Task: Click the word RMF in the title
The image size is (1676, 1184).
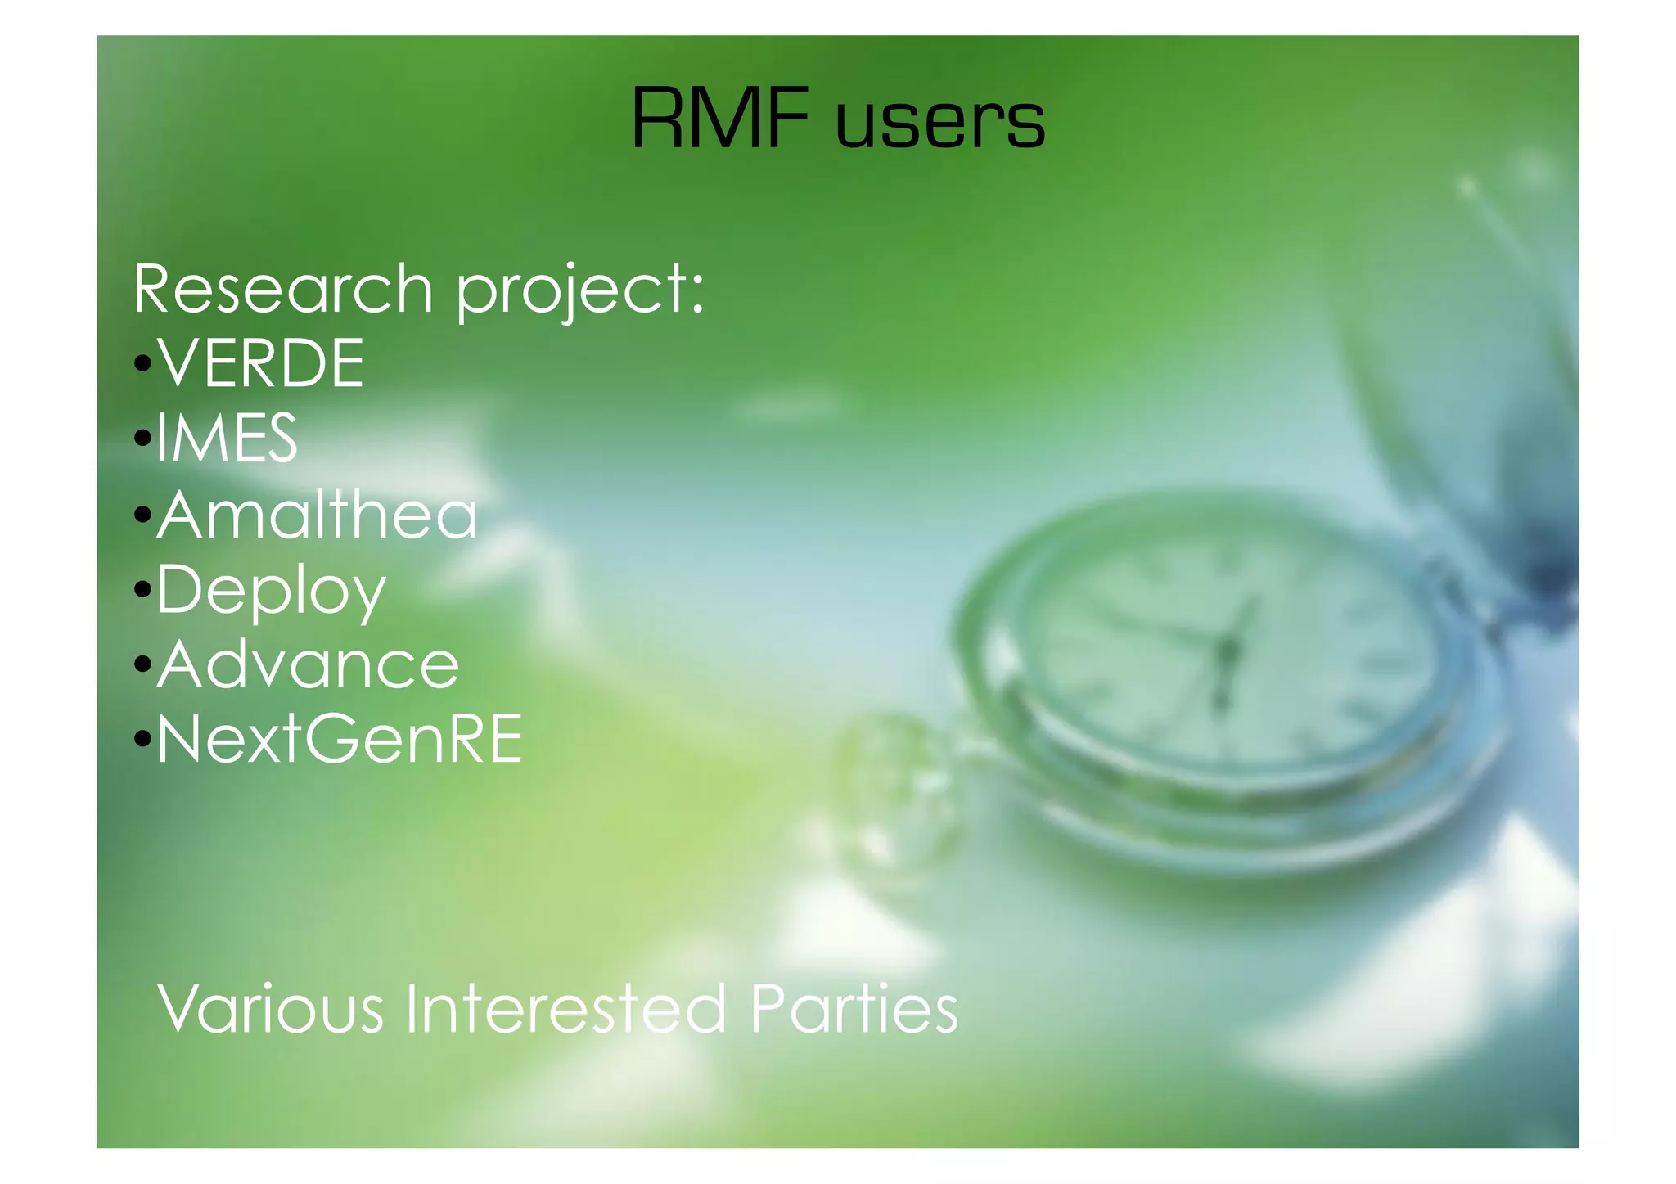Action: [x=720, y=120]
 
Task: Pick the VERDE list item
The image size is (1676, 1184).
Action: [x=261, y=363]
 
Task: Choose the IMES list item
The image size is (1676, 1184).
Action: [x=226, y=438]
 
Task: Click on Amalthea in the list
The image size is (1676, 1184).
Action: [x=317, y=515]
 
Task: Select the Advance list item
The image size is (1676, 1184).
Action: [x=308, y=664]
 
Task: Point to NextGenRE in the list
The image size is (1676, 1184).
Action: [x=340, y=739]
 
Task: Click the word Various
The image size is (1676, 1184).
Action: [x=271, y=1008]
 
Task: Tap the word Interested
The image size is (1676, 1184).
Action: [x=565, y=1008]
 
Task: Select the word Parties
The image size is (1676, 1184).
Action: [x=854, y=1008]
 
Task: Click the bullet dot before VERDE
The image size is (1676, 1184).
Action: [x=143, y=363]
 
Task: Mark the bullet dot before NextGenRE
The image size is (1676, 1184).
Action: [x=143, y=740]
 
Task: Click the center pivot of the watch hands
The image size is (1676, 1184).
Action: [x=1226, y=651]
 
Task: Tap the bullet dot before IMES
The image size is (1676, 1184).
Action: [x=143, y=439]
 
